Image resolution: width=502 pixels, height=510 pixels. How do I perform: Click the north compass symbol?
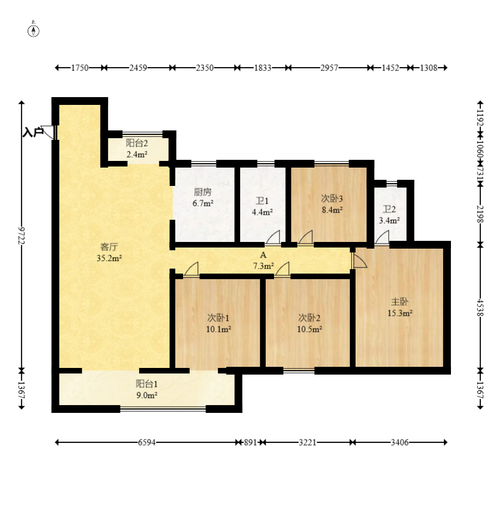[33, 31]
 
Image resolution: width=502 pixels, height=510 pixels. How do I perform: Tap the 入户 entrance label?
[33, 133]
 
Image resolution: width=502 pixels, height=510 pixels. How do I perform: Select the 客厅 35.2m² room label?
[109, 253]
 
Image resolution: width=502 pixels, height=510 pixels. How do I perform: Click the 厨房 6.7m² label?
[203, 198]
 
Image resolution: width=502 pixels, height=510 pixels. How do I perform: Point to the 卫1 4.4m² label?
[262, 206]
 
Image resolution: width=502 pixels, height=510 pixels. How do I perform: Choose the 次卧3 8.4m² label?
[332, 204]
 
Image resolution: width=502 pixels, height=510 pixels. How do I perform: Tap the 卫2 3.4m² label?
[389, 215]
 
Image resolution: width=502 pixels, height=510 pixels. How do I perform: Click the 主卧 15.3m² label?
[400, 307]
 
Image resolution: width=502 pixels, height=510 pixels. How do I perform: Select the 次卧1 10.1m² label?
[219, 324]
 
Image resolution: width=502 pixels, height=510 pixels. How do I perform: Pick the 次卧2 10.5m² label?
[310, 324]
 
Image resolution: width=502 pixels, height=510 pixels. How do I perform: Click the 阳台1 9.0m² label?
[146, 390]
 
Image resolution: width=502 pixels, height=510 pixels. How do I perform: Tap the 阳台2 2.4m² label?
[137, 149]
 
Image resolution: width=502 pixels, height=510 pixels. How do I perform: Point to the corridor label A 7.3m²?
[263, 260]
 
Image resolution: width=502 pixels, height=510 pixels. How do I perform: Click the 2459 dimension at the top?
[138, 68]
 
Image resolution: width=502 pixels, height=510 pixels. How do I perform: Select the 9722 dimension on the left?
[22, 235]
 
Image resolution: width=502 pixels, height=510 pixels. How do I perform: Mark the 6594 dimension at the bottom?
[146, 442]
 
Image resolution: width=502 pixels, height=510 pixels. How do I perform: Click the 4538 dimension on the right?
[480, 307]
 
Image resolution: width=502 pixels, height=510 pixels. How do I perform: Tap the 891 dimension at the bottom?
[250, 442]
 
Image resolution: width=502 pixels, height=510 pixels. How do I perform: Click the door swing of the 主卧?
[359, 261]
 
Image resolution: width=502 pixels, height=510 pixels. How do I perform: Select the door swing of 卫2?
[382, 238]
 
